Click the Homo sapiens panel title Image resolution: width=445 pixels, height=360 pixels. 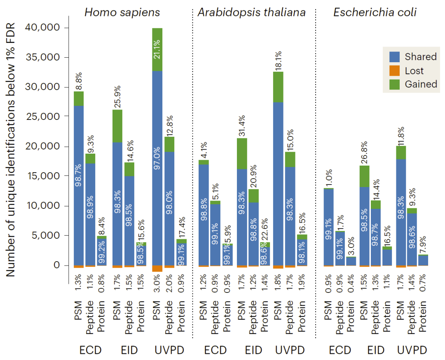pos(122,12)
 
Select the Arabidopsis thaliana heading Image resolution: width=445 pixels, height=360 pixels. pos(252,12)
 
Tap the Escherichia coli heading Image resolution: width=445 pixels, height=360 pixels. pos(375,12)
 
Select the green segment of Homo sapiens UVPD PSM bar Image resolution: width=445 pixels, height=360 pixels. pos(157,49)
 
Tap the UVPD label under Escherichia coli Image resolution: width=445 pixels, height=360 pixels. pos(412,351)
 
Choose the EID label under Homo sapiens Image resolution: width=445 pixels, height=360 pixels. pos(129,351)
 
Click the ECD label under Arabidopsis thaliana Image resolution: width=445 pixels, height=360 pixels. pos(215,351)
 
